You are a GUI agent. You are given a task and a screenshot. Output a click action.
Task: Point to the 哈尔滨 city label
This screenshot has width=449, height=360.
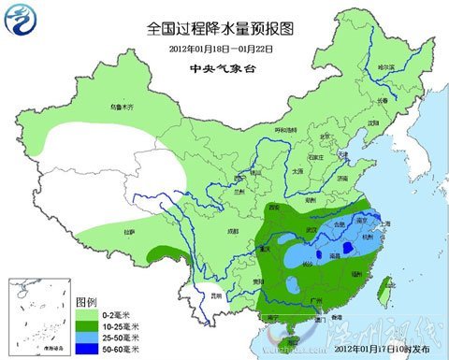[385, 68]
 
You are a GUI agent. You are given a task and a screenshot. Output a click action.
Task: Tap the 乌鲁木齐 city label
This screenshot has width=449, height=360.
[123, 108]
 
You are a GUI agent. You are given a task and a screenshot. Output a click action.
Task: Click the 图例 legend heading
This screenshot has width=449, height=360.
[86, 304]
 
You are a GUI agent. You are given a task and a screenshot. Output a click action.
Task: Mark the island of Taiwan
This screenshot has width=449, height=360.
[380, 291]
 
